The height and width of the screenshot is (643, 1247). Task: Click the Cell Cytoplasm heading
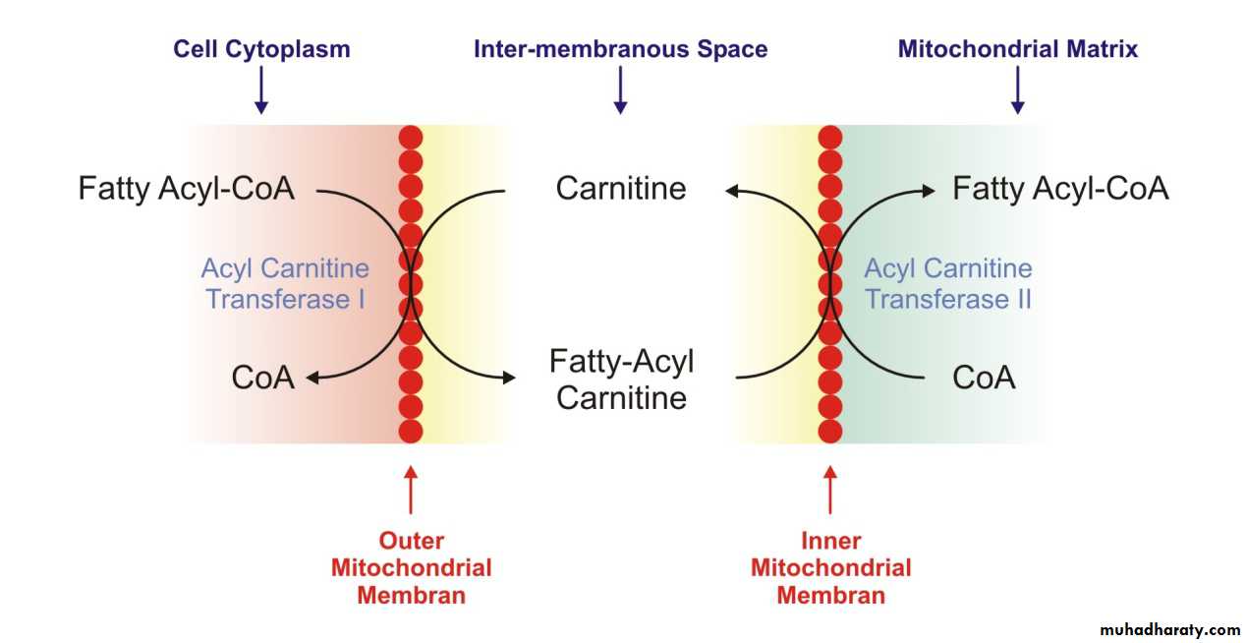click(261, 49)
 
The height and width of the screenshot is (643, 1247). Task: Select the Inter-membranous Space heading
click(620, 49)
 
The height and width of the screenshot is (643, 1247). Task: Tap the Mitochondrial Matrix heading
click(1017, 49)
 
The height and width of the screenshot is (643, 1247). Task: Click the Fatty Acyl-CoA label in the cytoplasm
click(187, 189)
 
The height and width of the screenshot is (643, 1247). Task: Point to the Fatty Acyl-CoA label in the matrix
click(1060, 189)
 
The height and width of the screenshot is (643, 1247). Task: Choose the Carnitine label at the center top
click(620, 189)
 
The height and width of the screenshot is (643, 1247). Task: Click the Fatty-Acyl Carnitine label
click(620, 380)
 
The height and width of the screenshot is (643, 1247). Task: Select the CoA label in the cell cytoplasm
click(262, 378)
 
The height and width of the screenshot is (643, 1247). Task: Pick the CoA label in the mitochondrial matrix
click(984, 378)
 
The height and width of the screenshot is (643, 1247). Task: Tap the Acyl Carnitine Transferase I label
click(285, 283)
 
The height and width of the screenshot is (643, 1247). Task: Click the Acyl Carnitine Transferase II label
click(948, 283)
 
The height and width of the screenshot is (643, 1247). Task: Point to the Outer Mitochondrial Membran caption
click(411, 567)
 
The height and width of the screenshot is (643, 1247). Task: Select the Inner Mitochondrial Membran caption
click(830, 567)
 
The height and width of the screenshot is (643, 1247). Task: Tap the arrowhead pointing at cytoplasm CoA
click(312, 377)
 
